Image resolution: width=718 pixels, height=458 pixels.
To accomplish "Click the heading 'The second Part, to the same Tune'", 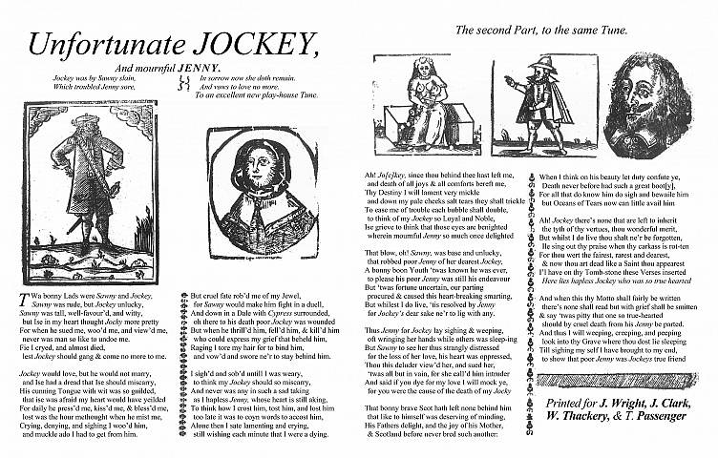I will click(x=541, y=31).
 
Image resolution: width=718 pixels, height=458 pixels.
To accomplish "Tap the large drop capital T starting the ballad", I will click(x=24, y=299).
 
